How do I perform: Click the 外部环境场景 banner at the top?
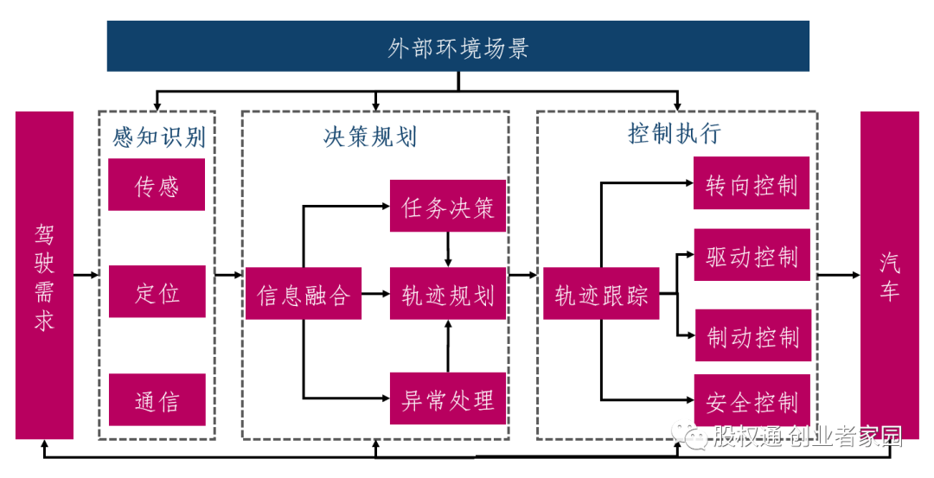458,47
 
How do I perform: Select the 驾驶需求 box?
44,275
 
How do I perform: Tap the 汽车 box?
888,275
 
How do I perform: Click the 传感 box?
157,185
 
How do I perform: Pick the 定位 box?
157,292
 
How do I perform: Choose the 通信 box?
157,400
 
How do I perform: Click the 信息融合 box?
303,294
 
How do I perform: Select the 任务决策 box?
448,207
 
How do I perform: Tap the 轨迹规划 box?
448,294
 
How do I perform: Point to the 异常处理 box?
448,398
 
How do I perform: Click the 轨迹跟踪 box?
601,294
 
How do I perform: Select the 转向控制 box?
752,183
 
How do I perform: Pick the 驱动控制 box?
752,255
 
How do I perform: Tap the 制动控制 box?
752,335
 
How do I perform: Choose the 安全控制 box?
752,400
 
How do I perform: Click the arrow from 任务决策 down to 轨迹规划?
448,250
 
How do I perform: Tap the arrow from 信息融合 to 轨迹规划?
375,294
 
